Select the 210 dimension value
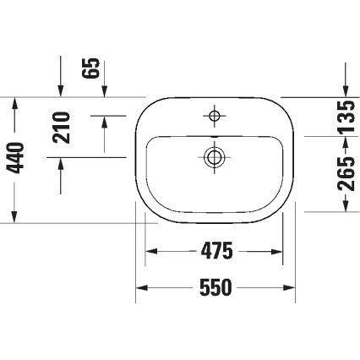(62, 128)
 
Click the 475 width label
(217, 251)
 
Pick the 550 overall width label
(216, 288)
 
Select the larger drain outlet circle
(215, 155)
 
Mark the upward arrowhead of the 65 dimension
(105, 121)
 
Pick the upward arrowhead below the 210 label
(62, 164)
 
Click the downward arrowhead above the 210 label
(62, 90)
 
